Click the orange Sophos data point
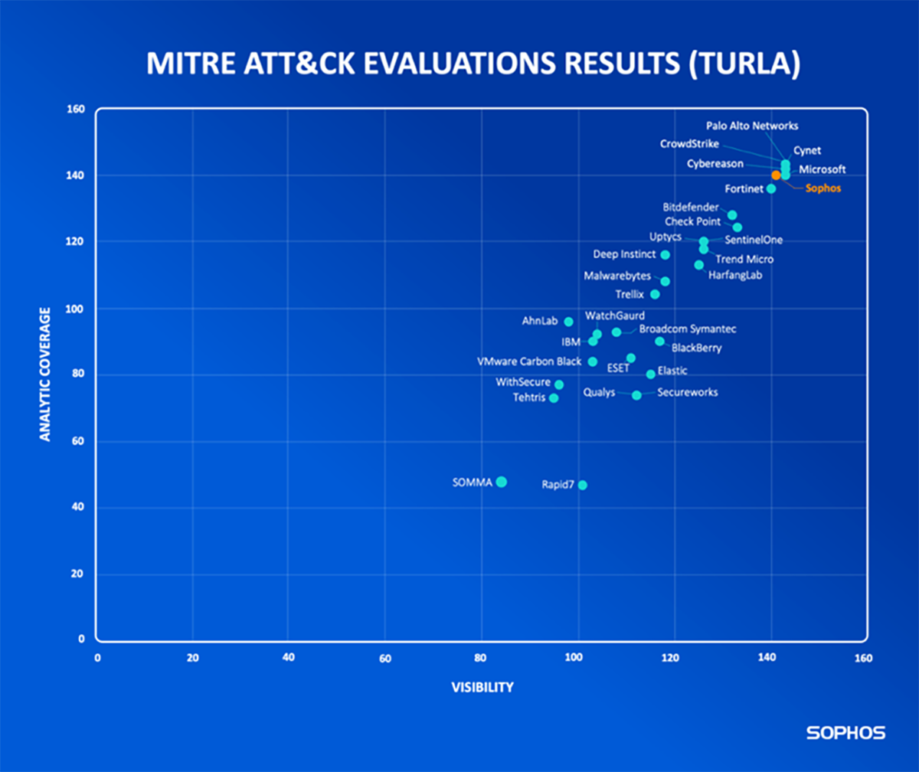click(x=776, y=175)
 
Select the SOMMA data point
click(x=501, y=482)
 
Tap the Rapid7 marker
click(x=582, y=485)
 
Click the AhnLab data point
click(x=568, y=322)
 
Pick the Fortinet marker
click(x=771, y=188)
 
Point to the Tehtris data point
click(x=554, y=397)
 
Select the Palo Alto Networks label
click(x=752, y=126)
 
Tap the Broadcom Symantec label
click(x=688, y=329)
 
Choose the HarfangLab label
click(x=735, y=274)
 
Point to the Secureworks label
click(x=687, y=392)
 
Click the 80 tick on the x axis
click(x=481, y=658)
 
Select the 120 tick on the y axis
click(x=77, y=242)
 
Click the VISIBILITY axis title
click(x=482, y=687)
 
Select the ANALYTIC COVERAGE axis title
click(x=45, y=375)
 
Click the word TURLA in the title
click(x=743, y=65)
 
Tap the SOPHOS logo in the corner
click(x=845, y=733)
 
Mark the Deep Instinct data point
click(x=665, y=254)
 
